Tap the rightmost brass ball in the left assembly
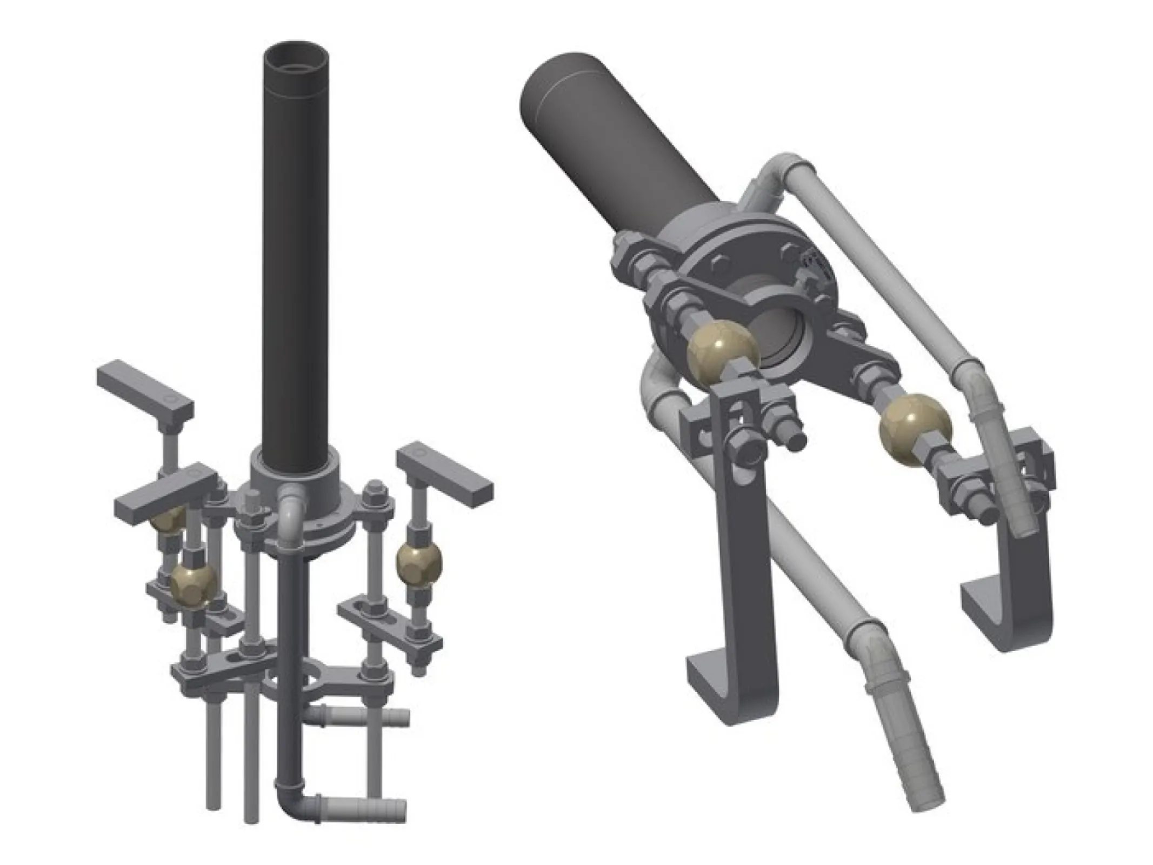pos(418,562)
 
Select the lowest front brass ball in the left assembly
pos(193,584)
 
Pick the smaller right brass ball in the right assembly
pos(915,429)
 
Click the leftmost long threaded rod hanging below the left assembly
pos(213,757)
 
